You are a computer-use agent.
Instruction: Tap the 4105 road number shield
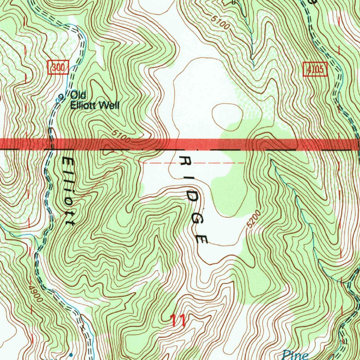315,69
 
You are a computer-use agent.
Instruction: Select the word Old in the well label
78,95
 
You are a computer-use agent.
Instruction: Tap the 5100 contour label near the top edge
220,22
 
